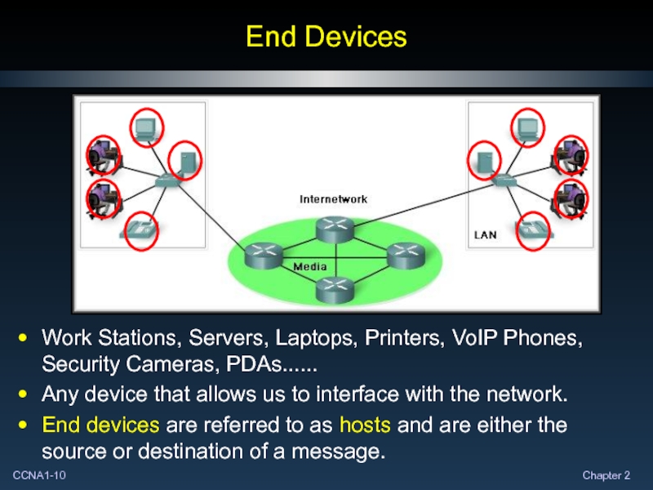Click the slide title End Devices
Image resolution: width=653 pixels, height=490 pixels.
(326, 37)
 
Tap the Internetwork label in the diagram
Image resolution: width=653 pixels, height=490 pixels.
(334, 199)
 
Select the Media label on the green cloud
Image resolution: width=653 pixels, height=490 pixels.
(310, 267)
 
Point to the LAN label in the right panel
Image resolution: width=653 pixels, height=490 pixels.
(486, 234)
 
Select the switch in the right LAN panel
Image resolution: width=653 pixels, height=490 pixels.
(504, 179)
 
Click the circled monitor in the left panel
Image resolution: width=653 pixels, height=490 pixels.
(147, 127)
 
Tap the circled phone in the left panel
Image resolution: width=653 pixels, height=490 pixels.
(140, 229)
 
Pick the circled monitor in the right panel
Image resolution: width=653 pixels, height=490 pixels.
(526, 127)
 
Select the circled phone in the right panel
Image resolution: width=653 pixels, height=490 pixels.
(535, 229)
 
